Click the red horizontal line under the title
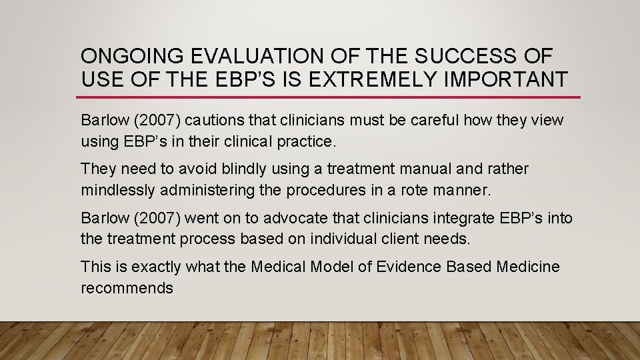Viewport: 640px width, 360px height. pyautogui.click(x=330, y=97)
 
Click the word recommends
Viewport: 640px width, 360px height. pyautogui.click(x=127, y=289)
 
